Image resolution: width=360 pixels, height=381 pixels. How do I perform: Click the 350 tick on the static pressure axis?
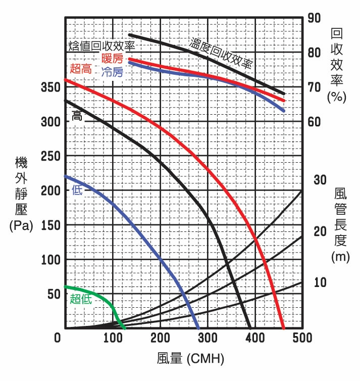tap(50, 87)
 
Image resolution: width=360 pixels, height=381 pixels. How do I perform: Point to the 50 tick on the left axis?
tap(53, 294)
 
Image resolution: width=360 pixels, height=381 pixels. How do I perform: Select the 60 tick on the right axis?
tap(315, 122)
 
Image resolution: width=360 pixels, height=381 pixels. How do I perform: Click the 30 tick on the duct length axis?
tap(321, 180)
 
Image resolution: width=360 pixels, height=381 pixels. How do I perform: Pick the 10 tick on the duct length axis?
tap(321, 282)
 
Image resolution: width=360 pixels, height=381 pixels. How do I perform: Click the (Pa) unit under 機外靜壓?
tap(21, 226)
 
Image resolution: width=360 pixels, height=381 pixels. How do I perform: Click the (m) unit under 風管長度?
tap(341, 257)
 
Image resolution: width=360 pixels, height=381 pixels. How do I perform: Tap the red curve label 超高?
tap(81, 69)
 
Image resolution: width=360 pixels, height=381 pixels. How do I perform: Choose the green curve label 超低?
tap(81, 299)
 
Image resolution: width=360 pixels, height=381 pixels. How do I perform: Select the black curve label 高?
tap(77, 116)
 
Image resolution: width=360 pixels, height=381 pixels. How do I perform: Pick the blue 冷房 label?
tap(112, 72)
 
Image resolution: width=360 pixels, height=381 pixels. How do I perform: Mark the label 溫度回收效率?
tap(221, 53)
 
